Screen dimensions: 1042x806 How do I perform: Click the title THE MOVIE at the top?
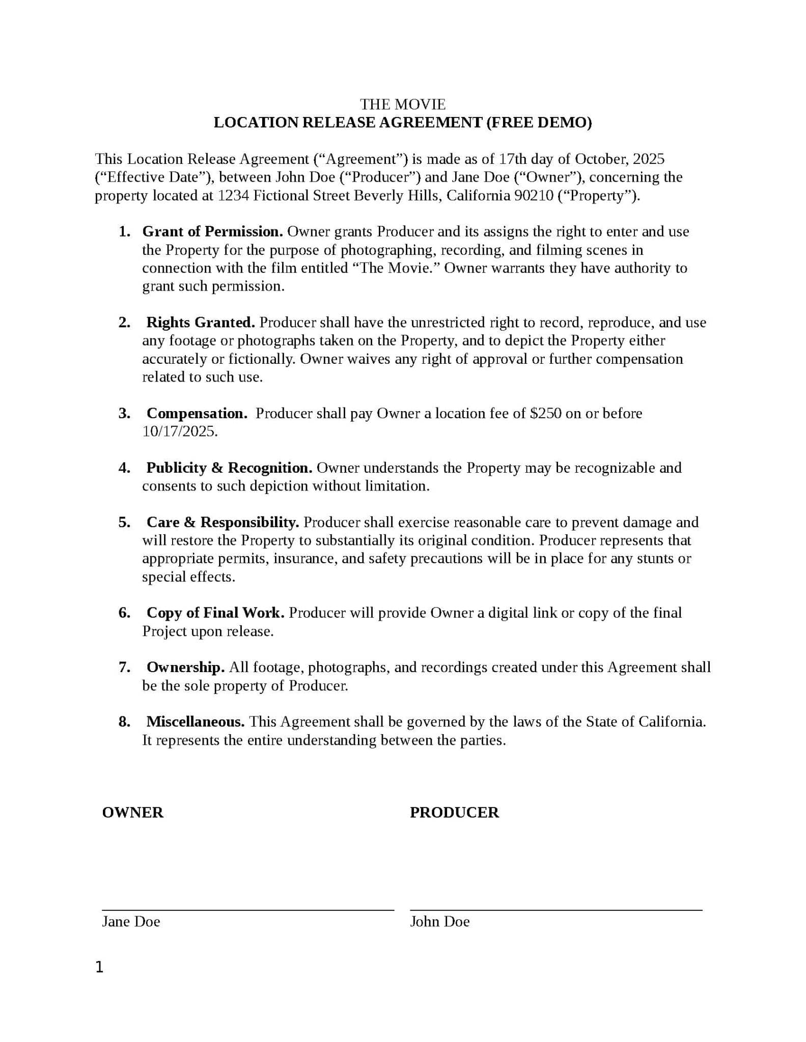(403, 104)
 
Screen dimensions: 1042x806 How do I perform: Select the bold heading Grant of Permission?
(212, 232)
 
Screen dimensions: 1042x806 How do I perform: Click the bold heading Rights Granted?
(201, 323)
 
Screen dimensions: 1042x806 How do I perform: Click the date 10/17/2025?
(180, 432)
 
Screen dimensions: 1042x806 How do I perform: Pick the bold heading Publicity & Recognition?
(229, 468)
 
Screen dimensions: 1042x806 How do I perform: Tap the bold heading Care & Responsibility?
(223, 523)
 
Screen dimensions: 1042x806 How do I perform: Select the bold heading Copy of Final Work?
(215, 613)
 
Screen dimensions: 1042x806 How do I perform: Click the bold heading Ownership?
(185, 668)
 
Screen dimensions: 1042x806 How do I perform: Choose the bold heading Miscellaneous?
(196, 722)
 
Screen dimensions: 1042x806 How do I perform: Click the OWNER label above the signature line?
(132, 813)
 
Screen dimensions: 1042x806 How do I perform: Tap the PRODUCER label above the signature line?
(454, 813)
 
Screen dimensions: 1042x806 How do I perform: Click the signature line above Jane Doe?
(248, 909)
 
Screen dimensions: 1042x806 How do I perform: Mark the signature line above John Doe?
(556, 909)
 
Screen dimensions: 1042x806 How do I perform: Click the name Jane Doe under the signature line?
(131, 922)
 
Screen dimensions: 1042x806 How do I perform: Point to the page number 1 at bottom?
(99, 967)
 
